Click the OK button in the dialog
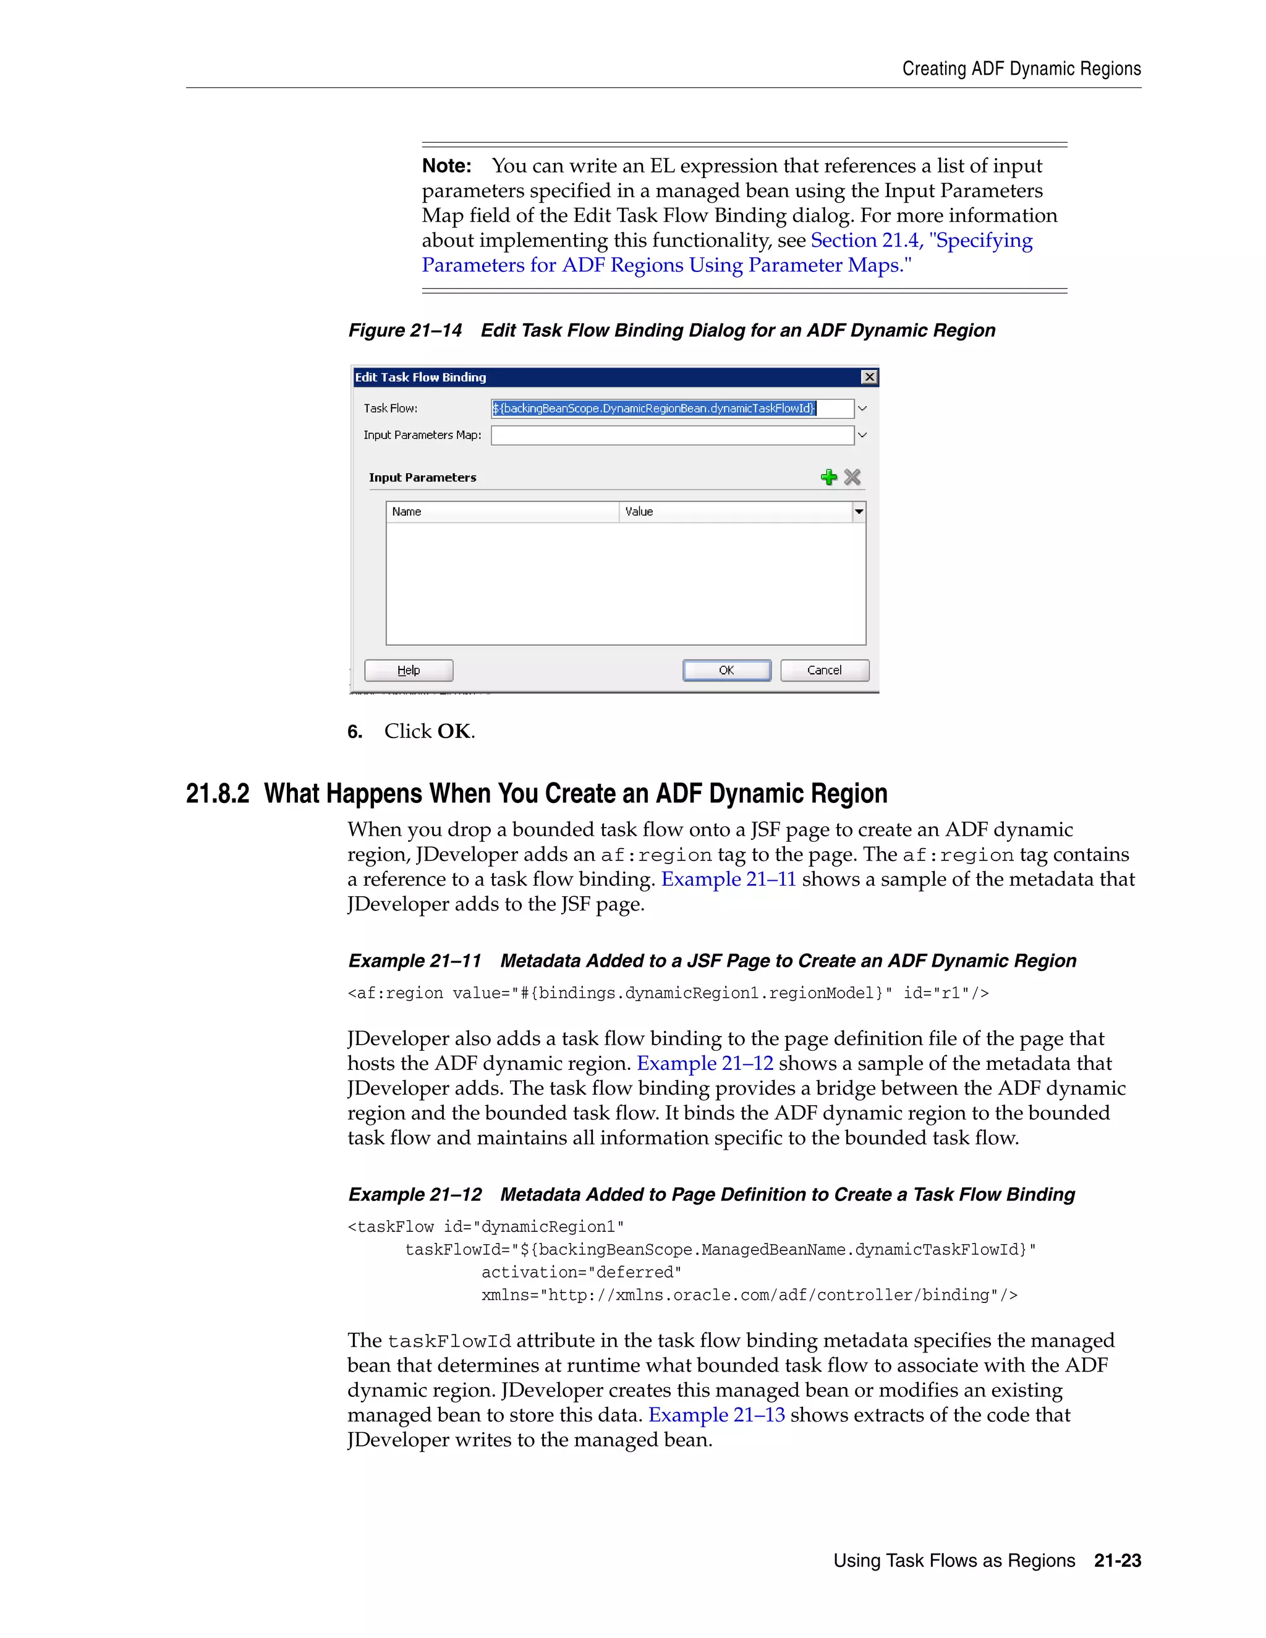[x=726, y=670]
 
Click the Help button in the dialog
[x=409, y=670]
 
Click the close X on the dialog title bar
[x=869, y=377]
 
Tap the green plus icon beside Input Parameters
[x=829, y=477]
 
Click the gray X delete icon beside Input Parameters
[x=852, y=477]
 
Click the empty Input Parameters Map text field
[x=672, y=435]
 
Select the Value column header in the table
[x=735, y=512]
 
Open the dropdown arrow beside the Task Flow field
[x=862, y=409]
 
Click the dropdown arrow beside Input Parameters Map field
[x=862, y=435]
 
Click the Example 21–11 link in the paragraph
[x=728, y=879]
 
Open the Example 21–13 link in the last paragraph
[x=716, y=1414]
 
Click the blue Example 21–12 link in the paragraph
[x=705, y=1064]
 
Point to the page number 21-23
[x=1118, y=1560]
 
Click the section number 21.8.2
[x=218, y=794]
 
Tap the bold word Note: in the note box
[x=446, y=166]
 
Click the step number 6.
[x=355, y=732]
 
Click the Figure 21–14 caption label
[x=405, y=331]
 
